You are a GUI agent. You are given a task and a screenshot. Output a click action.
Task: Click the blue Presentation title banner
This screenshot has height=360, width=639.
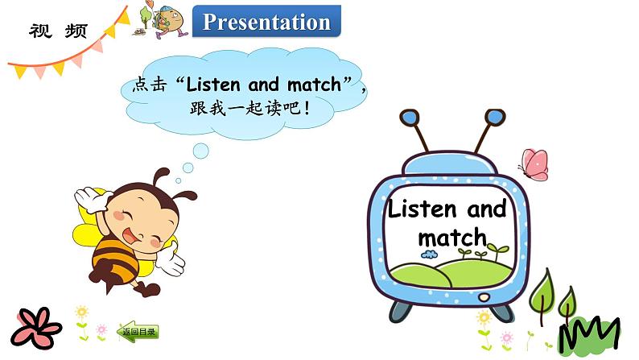pos(266,22)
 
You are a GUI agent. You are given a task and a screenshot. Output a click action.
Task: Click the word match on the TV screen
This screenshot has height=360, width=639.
pos(452,237)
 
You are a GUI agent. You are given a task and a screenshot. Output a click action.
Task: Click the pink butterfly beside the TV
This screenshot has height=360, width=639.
pos(533,163)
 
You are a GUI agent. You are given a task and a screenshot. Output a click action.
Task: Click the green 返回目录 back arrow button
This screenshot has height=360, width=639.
pos(138,330)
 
